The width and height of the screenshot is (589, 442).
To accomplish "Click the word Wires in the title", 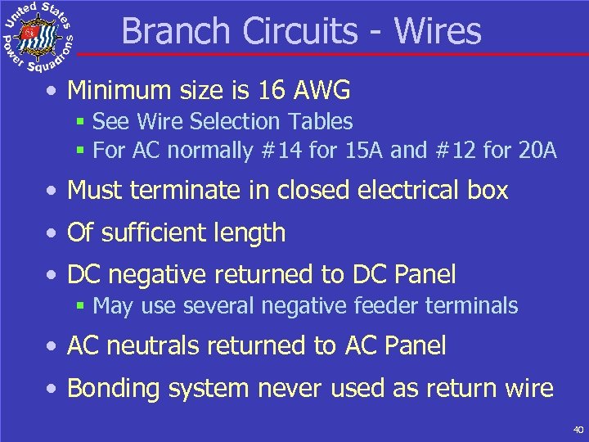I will pyautogui.click(x=438, y=31).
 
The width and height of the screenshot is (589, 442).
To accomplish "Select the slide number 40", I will pyautogui.click(x=578, y=430).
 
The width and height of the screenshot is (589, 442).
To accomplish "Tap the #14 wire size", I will pyautogui.click(x=271, y=151).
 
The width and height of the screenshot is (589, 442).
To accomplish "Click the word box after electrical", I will pyautogui.click(x=488, y=191).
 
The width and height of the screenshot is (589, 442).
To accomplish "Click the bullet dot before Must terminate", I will pyautogui.click(x=52, y=192).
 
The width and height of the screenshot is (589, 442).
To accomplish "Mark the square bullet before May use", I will pyautogui.click(x=80, y=307).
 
